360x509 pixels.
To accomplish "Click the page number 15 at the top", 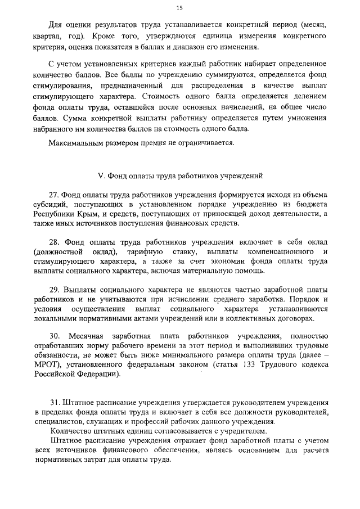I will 179,8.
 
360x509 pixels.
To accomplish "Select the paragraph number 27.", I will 55,194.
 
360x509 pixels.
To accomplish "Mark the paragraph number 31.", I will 55,403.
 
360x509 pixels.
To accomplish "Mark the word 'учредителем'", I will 244,431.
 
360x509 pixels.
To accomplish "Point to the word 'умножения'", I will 304,119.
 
